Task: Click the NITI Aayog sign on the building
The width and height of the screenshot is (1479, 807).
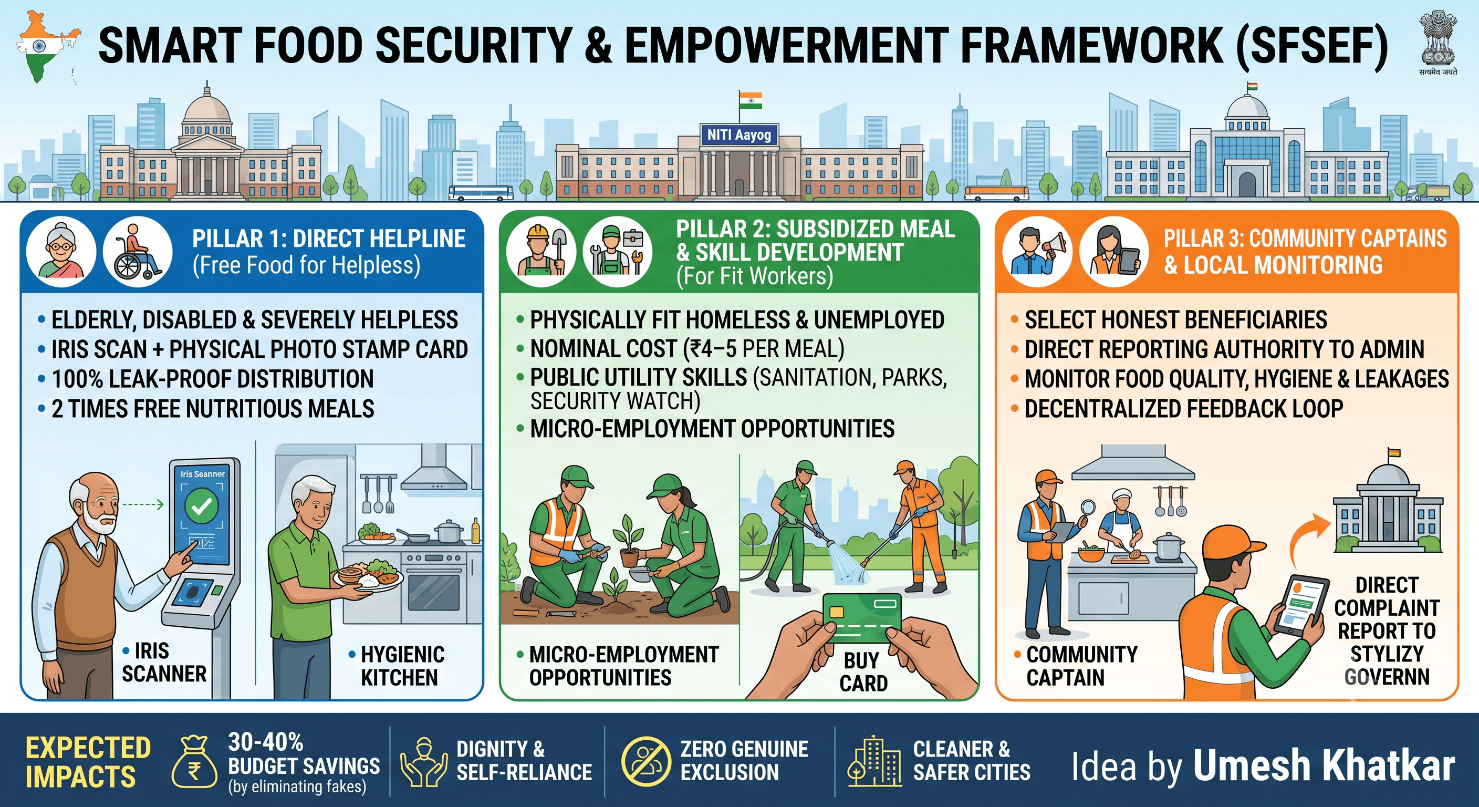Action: (739, 134)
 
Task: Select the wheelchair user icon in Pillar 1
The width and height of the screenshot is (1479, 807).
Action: (138, 252)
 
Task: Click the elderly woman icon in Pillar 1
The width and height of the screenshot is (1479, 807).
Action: (61, 252)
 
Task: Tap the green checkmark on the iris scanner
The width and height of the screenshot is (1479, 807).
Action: (202, 506)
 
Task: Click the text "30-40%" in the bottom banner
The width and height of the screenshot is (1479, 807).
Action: (265, 741)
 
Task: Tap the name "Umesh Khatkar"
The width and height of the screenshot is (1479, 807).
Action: (1324, 765)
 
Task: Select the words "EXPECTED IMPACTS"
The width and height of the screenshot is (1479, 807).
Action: (88, 762)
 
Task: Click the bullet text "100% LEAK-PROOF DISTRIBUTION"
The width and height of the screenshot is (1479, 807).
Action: (212, 379)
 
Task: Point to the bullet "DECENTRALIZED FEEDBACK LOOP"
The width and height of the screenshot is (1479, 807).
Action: (1184, 409)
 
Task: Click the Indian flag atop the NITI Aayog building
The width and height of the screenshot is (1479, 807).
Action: (751, 100)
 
